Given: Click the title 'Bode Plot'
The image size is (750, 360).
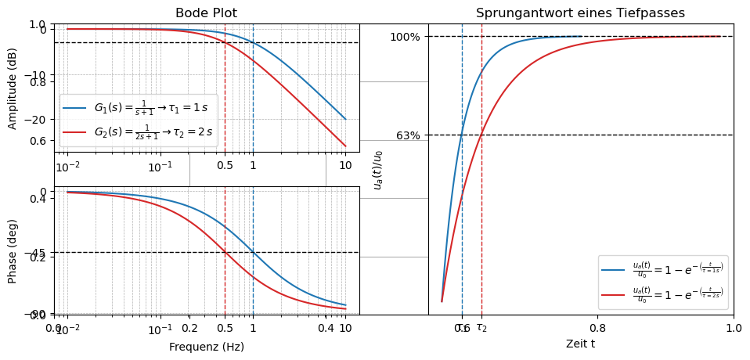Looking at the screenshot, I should point(206,13).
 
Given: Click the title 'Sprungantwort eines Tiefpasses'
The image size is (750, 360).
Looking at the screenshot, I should point(580,13).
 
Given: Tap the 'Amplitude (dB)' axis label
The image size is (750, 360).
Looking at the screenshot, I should point(13,88).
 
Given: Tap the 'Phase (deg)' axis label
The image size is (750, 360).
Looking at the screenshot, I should point(13,251).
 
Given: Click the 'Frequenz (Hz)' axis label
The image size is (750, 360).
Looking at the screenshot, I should point(207,347).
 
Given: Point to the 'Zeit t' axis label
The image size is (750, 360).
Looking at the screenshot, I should point(580,343).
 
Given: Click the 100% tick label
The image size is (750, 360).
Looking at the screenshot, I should point(405,37).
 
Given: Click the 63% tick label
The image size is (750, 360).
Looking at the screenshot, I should point(408,135).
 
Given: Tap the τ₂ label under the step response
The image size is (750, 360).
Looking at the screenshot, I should point(481,328).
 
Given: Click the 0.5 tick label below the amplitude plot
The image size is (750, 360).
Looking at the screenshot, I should point(225,166).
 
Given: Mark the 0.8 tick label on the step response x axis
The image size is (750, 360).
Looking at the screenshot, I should point(597,328).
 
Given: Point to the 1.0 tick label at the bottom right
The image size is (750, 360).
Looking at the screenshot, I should point(733,328).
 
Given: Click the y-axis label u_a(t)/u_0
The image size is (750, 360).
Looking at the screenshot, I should point(378,170).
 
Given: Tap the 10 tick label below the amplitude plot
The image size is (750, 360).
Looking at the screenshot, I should point(345,166).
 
